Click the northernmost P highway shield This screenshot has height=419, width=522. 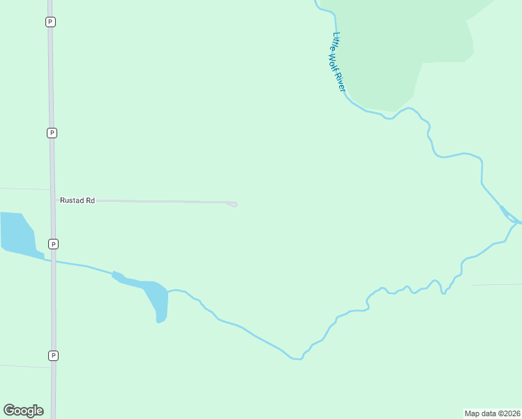pyautogui.click(x=50, y=22)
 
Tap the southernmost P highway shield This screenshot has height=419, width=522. pyautogui.click(x=53, y=355)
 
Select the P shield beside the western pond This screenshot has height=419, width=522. pyautogui.click(x=53, y=244)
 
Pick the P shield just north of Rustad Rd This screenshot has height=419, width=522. pyautogui.click(x=52, y=133)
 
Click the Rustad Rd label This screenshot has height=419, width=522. pyautogui.click(x=77, y=200)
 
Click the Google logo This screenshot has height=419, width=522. pyautogui.click(x=23, y=411)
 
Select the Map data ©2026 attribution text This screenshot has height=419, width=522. pyautogui.click(x=493, y=413)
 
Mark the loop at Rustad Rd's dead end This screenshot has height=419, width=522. pyautogui.click(x=233, y=204)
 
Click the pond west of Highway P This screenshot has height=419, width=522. pyautogui.click(x=17, y=233)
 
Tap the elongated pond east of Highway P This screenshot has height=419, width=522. pyautogui.click(x=151, y=293)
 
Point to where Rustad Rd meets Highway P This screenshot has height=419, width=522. pyautogui.click(x=52, y=200)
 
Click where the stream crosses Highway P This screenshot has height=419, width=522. pyautogui.click(x=53, y=261)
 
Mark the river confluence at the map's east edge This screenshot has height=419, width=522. pyautogui.click(x=515, y=221)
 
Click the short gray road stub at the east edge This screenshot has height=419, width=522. pyautogui.click(x=497, y=285)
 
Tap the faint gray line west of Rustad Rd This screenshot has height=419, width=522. pyautogui.click(x=24, y=189)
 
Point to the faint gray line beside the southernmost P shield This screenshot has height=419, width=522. pyautogui.click(x=24, y=365)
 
